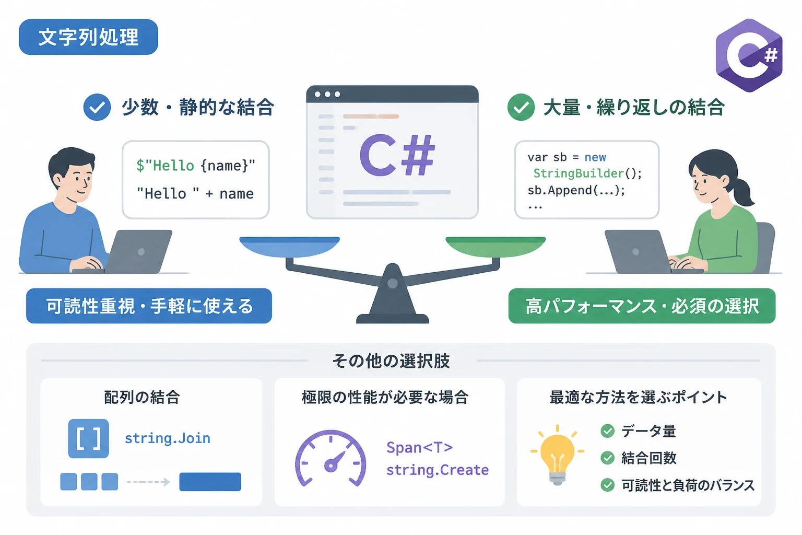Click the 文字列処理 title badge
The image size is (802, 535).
coord(88,37)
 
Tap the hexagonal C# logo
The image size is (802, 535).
coord(749,55)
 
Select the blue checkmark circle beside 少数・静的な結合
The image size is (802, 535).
coord(97,107)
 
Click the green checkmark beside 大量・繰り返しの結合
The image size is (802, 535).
coord(521,107)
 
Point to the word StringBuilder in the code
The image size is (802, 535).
coord(579,173)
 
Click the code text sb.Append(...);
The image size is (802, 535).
coord(576,190)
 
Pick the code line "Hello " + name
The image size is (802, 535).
coord(195,193)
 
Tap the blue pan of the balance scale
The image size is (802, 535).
coord(289,247)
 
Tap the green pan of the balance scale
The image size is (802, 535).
coord(496,247)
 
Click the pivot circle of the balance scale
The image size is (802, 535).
coord(393,284)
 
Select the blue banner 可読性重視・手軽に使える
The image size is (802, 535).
coord(149,306)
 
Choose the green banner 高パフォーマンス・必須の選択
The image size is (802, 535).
coord(642,306)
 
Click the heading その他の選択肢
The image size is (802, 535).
coord(391,360)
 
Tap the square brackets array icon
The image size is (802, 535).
coord(88,439)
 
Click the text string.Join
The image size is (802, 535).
coord(168,438)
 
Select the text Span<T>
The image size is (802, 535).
coord(420,448)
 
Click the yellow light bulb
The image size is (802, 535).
coord(557,455)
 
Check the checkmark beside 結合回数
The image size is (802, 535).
coord(608,458)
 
